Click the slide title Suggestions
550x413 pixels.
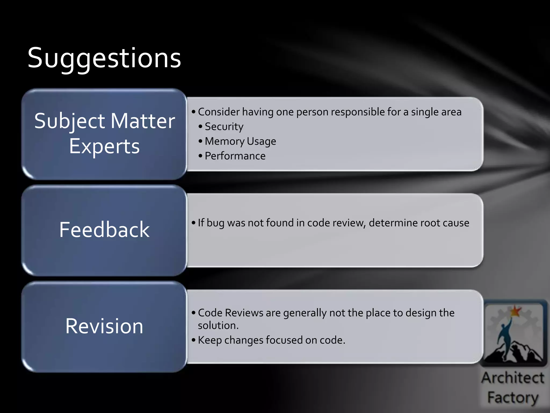coord(104,58)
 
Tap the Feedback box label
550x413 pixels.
coord(104,230)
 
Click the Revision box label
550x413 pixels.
coord(104,326)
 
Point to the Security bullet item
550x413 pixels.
coord(224,127)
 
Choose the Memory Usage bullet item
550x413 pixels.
coord(240,141)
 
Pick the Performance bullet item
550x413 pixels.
coord(235,156)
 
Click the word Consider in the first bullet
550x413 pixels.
coord(219,112)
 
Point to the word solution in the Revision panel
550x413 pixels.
coord(218,326)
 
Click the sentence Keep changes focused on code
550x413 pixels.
coord(271,340)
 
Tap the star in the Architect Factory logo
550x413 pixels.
coord(515,311)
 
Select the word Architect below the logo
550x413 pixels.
coord(513,378)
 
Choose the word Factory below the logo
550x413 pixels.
coord(513,397)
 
